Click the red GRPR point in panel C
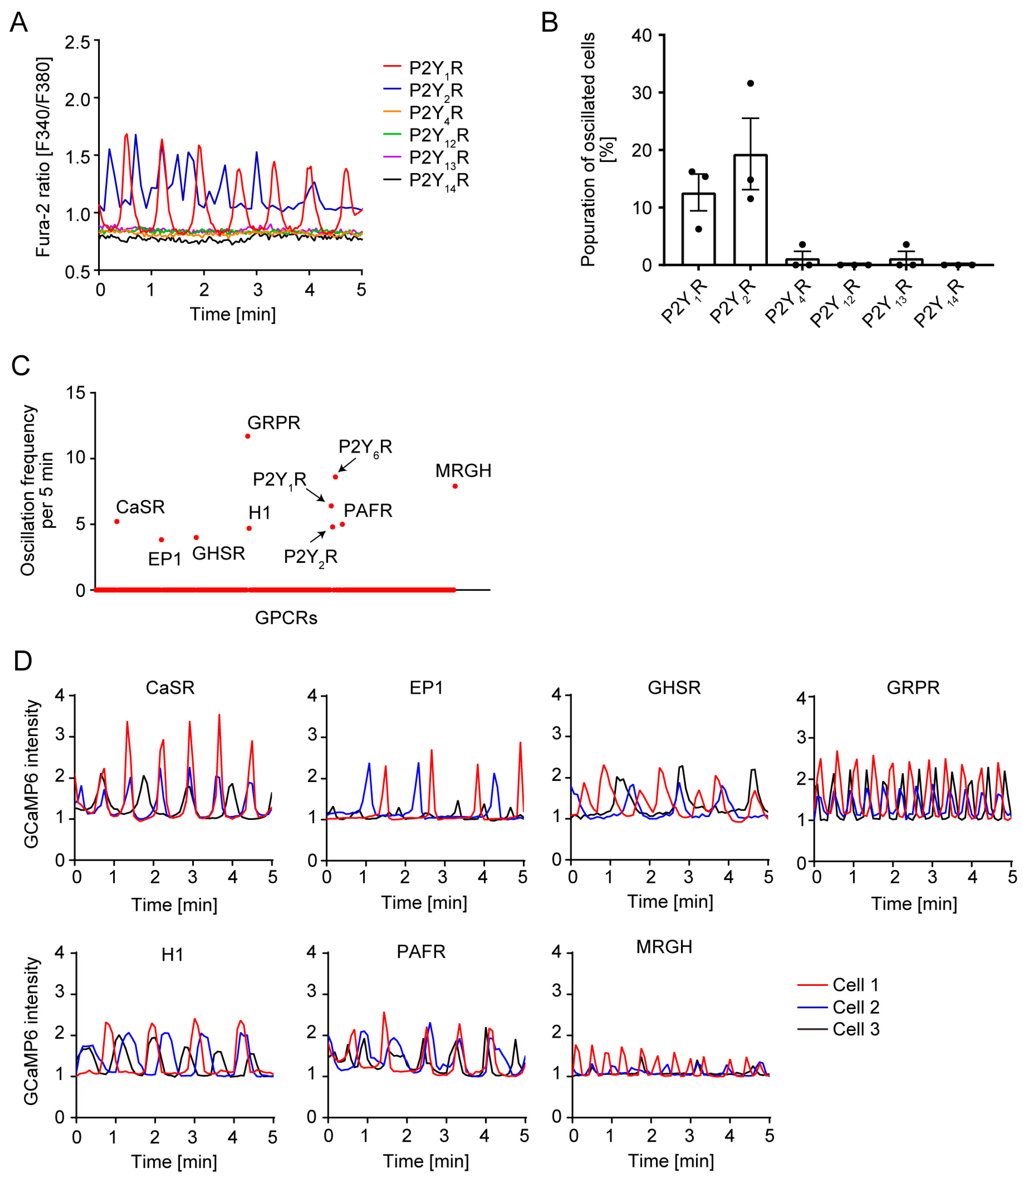tap(247, 436)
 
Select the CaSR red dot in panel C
tap(117, 521)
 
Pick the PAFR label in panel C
tap(368, 510)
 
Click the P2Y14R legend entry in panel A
tap(438, 180)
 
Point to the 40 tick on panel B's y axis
tap(642, 35)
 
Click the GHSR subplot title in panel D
tap(674, 688)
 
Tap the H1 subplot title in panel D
tap(172, 955)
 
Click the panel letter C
tap(20, 366)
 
